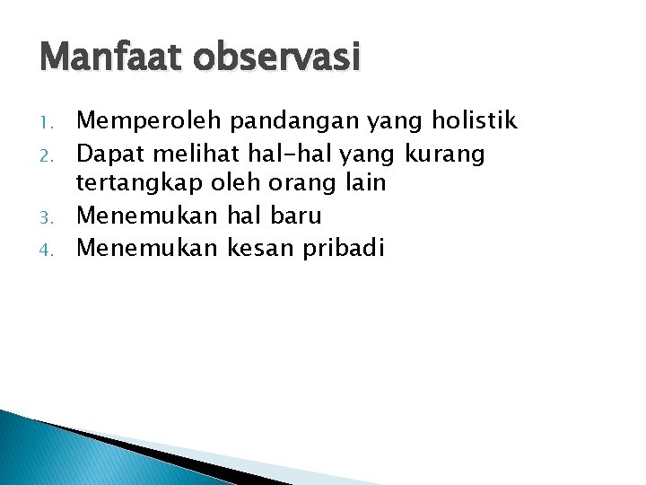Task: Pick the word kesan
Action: coord(267,249)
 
